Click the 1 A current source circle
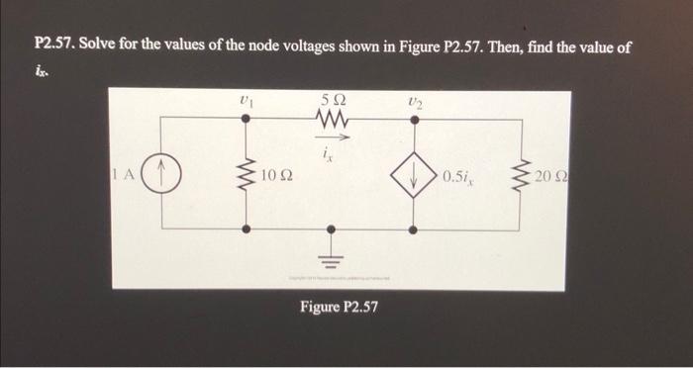tap(164, 177)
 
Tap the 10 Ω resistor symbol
tap(247, 176)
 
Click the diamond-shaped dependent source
tap(415, 177)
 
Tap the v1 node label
tap(246, 99)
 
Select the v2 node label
tap(414, 99)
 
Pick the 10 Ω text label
tap(277, 177)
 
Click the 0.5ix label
tap(460, 177)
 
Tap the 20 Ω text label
tap(550, 177)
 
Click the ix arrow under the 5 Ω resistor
tap(330, 138)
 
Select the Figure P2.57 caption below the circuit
tap(339, 308)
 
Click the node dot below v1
tap(247, 120)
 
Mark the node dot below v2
tap(415, 120)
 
